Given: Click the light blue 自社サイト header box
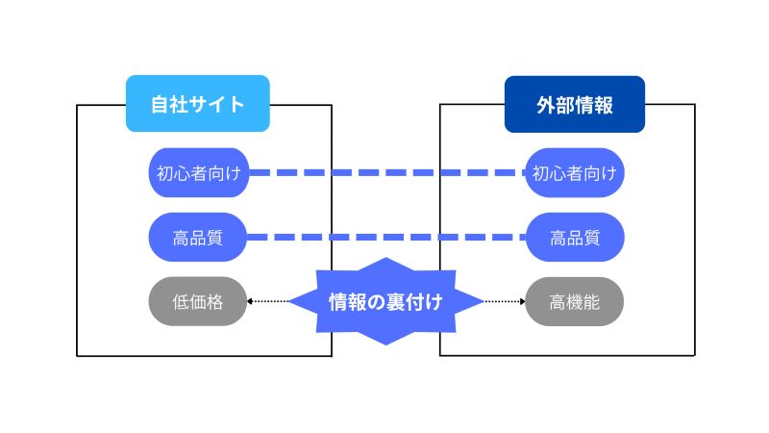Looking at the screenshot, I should click(x=197, y=104).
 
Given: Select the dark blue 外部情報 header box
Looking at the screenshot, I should click(x=574, y=104).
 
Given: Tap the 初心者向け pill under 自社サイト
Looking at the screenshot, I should click(x=198, y=173).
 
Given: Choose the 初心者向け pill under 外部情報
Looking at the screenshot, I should click(x=575, y=173).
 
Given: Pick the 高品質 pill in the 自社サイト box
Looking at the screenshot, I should click(x=198, y=238).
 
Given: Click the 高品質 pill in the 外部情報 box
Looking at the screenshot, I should click(x=575, y=238).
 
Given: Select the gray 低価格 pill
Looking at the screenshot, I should click(x=198, y=302).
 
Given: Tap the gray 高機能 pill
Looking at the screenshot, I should click(x=575, y=302).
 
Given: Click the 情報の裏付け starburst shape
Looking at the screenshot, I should click(x=385, y=302).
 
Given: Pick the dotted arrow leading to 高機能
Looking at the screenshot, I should click(x=503, y=302).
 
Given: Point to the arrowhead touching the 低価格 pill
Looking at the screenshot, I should click(x=250, y=302).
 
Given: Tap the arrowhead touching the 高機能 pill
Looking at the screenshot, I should click(x=523, y=302).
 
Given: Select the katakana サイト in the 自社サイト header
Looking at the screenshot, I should click(x=219, y=104).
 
